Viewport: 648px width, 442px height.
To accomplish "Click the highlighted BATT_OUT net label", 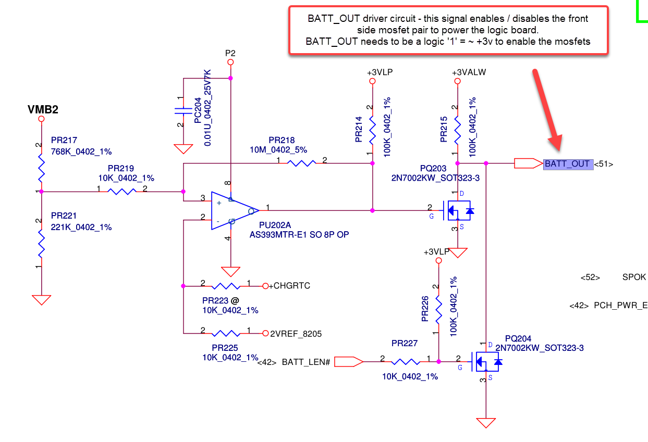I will (567, 164).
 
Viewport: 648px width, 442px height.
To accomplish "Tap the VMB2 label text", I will (42, 110).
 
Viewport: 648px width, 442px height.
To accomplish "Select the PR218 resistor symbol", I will (301, 163).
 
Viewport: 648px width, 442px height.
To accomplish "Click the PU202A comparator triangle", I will (233, 211).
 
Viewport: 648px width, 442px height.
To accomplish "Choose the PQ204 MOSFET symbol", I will (487, 361).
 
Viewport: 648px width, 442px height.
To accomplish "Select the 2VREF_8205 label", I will (295, 333).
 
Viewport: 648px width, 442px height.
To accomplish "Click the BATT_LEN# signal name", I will (306, 362).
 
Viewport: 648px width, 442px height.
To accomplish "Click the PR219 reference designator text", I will (120, 169).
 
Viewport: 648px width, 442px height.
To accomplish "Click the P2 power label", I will (230, 53).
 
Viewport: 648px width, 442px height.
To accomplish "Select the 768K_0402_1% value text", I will (81, 151).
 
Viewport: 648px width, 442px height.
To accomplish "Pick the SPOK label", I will (634, 277).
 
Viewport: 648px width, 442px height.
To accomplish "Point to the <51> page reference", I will (604, 164).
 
